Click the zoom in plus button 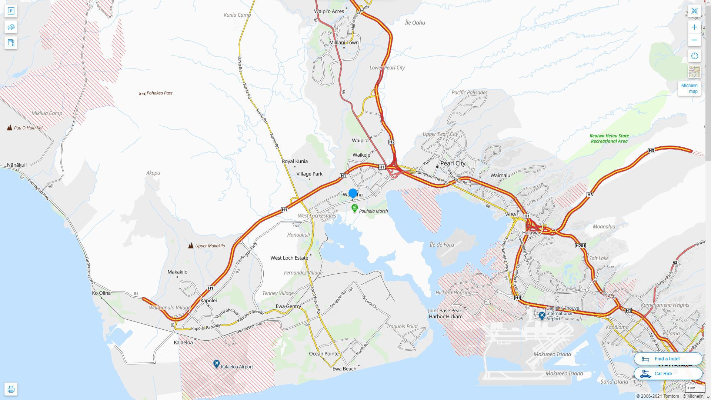pos(694,27)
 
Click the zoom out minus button pos(694,40)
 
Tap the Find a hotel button pos(668,359)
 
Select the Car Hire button pos(668,373)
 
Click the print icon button pos(11,389)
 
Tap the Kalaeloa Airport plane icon pos(217,364)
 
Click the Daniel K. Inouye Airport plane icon pos(542,316)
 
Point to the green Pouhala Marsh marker pos(354,209)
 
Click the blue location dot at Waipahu pos(353,193)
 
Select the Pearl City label pos(453,163)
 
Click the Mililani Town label pos(344,43)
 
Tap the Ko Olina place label pos(101,293)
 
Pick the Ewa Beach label pos(344,369)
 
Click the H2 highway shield pos(392,142)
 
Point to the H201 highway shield pos(580,246)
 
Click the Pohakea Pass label pos(159,93)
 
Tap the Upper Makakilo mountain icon pos(191,246)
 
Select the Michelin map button pos(689,89)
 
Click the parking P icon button pos(11,11)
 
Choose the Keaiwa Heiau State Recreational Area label pos(609,139)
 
